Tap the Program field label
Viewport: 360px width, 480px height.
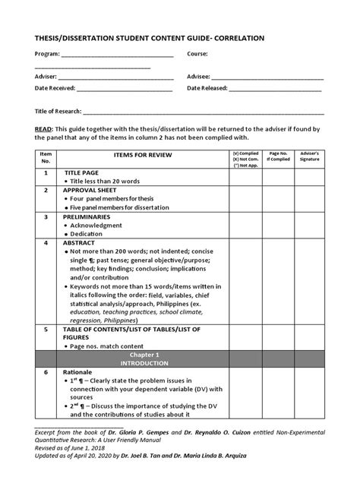pyautogui.click(x=48, y=55)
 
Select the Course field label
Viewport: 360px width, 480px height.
pyautogui.click(x=197, y=55)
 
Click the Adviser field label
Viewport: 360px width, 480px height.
pyautogui.click(x=46, y=77)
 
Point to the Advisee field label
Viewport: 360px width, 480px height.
pyautogui.click(x=199, y=77)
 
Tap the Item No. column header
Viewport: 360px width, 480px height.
pyautogui.click(x=45, y=158)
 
